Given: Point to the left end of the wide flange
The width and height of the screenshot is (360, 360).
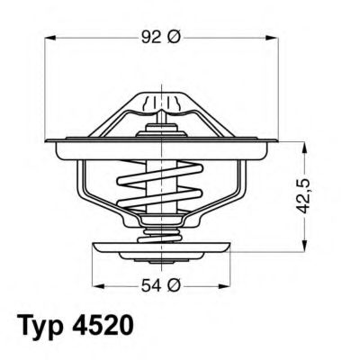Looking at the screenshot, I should tap(49, 144).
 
